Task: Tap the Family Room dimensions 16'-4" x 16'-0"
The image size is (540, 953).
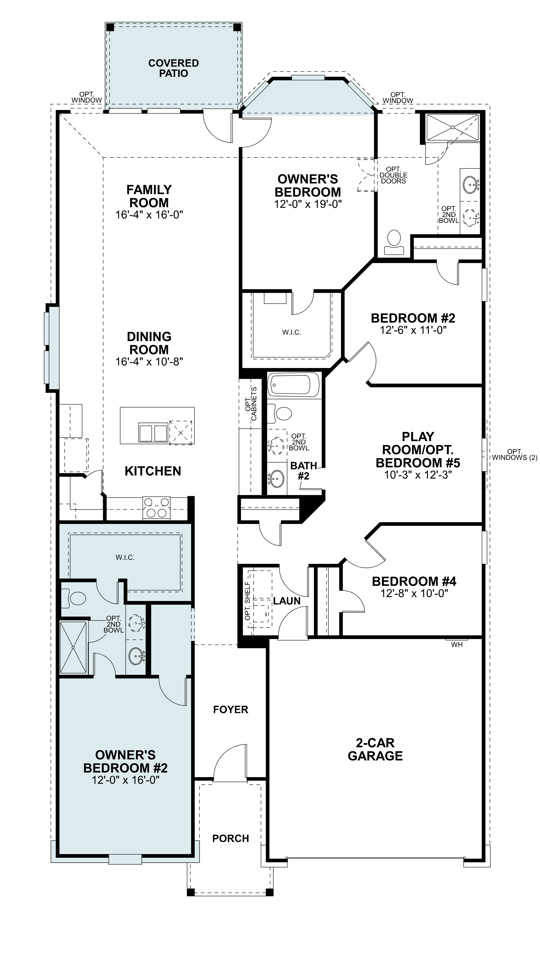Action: (x=149, y=215)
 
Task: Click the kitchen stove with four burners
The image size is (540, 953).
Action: (x=156, y=508)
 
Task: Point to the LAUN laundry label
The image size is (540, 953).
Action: (x=287, y=601)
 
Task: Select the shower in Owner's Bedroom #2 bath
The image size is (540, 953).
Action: (x=73, y=647)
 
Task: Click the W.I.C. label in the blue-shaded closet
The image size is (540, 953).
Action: (x=125, y=558)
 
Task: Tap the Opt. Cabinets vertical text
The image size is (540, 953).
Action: (x=251, y=404)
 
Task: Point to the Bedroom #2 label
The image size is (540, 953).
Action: (x=413, y=318)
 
